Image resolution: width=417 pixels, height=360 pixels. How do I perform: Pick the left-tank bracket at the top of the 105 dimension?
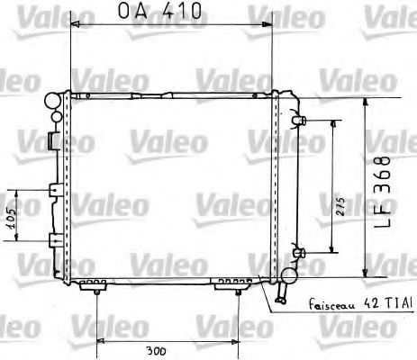54,191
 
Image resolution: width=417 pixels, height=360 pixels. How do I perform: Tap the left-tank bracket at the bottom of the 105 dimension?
54,240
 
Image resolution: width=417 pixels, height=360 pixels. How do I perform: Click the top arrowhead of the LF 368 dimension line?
365,101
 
